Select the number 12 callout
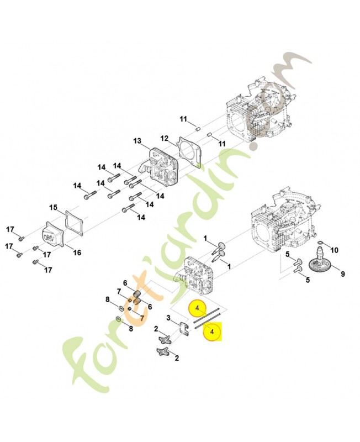tap(164, 138)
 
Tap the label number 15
tap(53, 208)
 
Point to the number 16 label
tap(77, 253)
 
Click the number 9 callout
tap(342, 273)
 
